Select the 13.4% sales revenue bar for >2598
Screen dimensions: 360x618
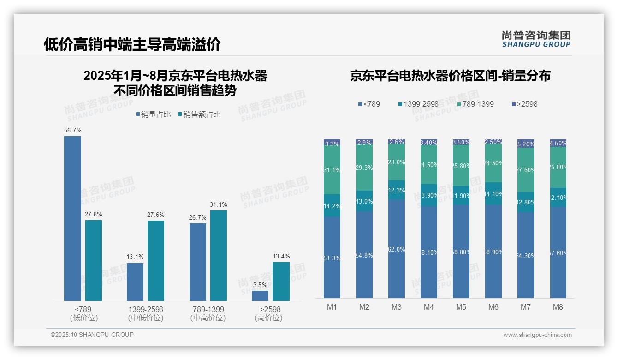coord(281,282)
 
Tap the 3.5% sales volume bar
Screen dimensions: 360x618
coord(260,296)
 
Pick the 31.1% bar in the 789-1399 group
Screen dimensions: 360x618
coord(219,256)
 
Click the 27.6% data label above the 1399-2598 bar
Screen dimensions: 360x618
coord(156,215)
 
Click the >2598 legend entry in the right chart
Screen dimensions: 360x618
coord(524,104)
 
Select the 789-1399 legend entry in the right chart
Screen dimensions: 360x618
coord(475,104)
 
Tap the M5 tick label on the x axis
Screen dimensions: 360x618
coord(461,307)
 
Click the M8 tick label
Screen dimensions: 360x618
coord(558,307)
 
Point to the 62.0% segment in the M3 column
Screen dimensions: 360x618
coord(397,249)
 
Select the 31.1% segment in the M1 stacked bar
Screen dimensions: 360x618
coord(332,170)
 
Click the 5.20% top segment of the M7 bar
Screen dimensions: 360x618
coord(526,144)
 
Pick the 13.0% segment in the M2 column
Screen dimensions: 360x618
coord(364,201)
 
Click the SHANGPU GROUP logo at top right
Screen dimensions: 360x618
coord(536,39)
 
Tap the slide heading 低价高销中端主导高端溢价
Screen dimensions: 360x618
coord(132,44)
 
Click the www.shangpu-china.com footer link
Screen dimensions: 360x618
coord(537,335)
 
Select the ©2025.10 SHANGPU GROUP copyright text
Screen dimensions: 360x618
coord(92,335)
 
